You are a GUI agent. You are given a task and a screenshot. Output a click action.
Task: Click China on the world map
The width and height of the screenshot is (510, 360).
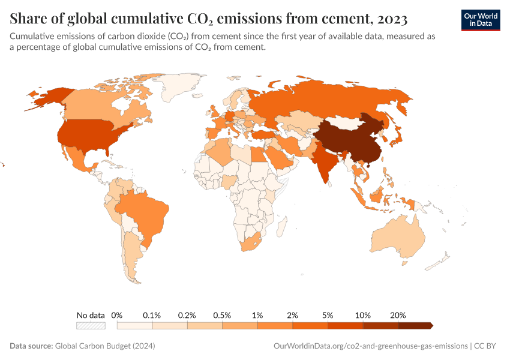click(348, 138)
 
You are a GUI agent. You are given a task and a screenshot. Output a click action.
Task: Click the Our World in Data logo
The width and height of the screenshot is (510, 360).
click(481, 19)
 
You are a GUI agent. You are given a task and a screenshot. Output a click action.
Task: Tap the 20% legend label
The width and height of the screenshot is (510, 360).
click(398, 315)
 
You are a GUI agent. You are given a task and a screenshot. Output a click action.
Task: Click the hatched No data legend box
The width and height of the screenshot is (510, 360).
click(91, 326)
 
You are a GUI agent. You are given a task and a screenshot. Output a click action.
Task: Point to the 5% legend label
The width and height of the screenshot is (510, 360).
click(328, 315)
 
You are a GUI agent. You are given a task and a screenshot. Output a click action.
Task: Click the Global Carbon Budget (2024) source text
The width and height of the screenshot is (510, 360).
click(105, 346)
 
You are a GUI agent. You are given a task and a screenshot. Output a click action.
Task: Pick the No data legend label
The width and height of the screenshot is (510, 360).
click(91, 315)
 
